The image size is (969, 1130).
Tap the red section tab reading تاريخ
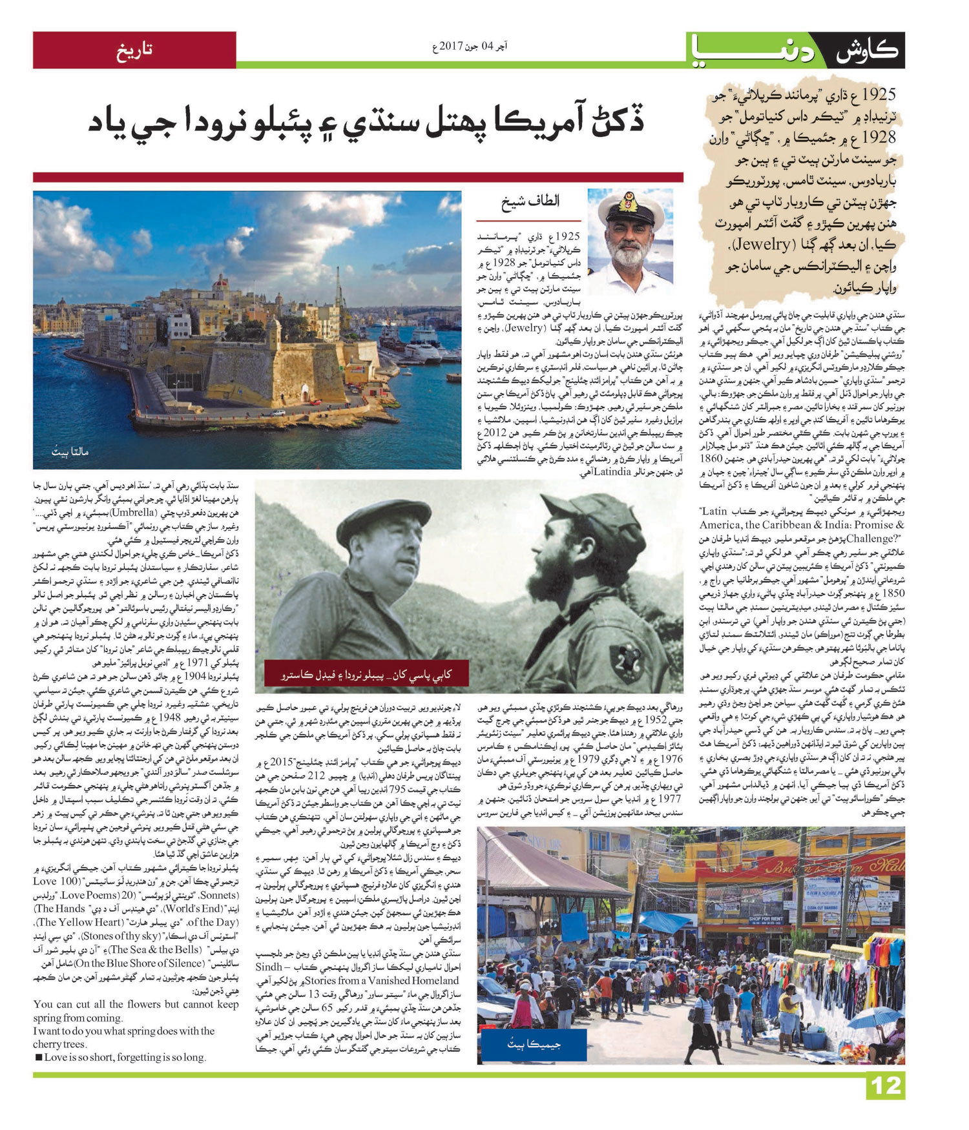[x=134, y=50]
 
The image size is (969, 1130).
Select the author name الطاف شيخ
[x=531, y=201]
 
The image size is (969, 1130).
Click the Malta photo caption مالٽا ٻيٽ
[x=70, y=451]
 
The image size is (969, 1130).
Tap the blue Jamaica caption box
[x=532, y=1044]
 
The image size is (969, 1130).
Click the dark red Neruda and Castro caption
[x=366, y=675]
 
